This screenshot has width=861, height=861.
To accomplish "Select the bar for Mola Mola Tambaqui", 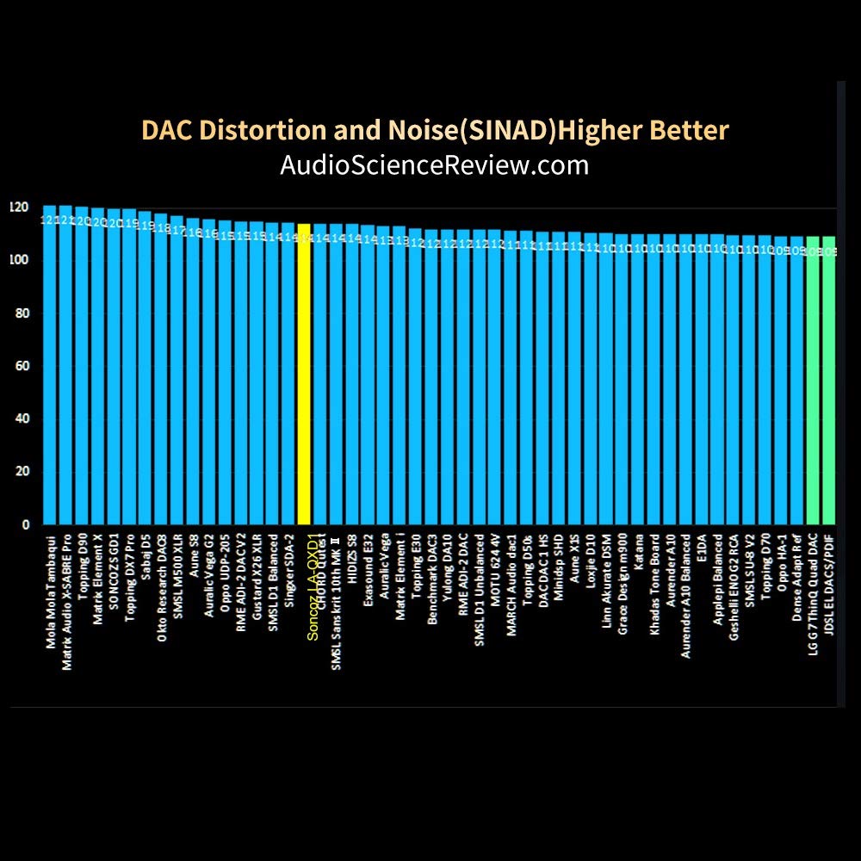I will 49,370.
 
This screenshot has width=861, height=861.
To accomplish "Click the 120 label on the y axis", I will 19,208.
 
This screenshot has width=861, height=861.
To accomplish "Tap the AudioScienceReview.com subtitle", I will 434,164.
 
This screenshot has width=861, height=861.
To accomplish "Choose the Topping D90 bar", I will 82,370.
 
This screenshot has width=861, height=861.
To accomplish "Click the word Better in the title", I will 688,131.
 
